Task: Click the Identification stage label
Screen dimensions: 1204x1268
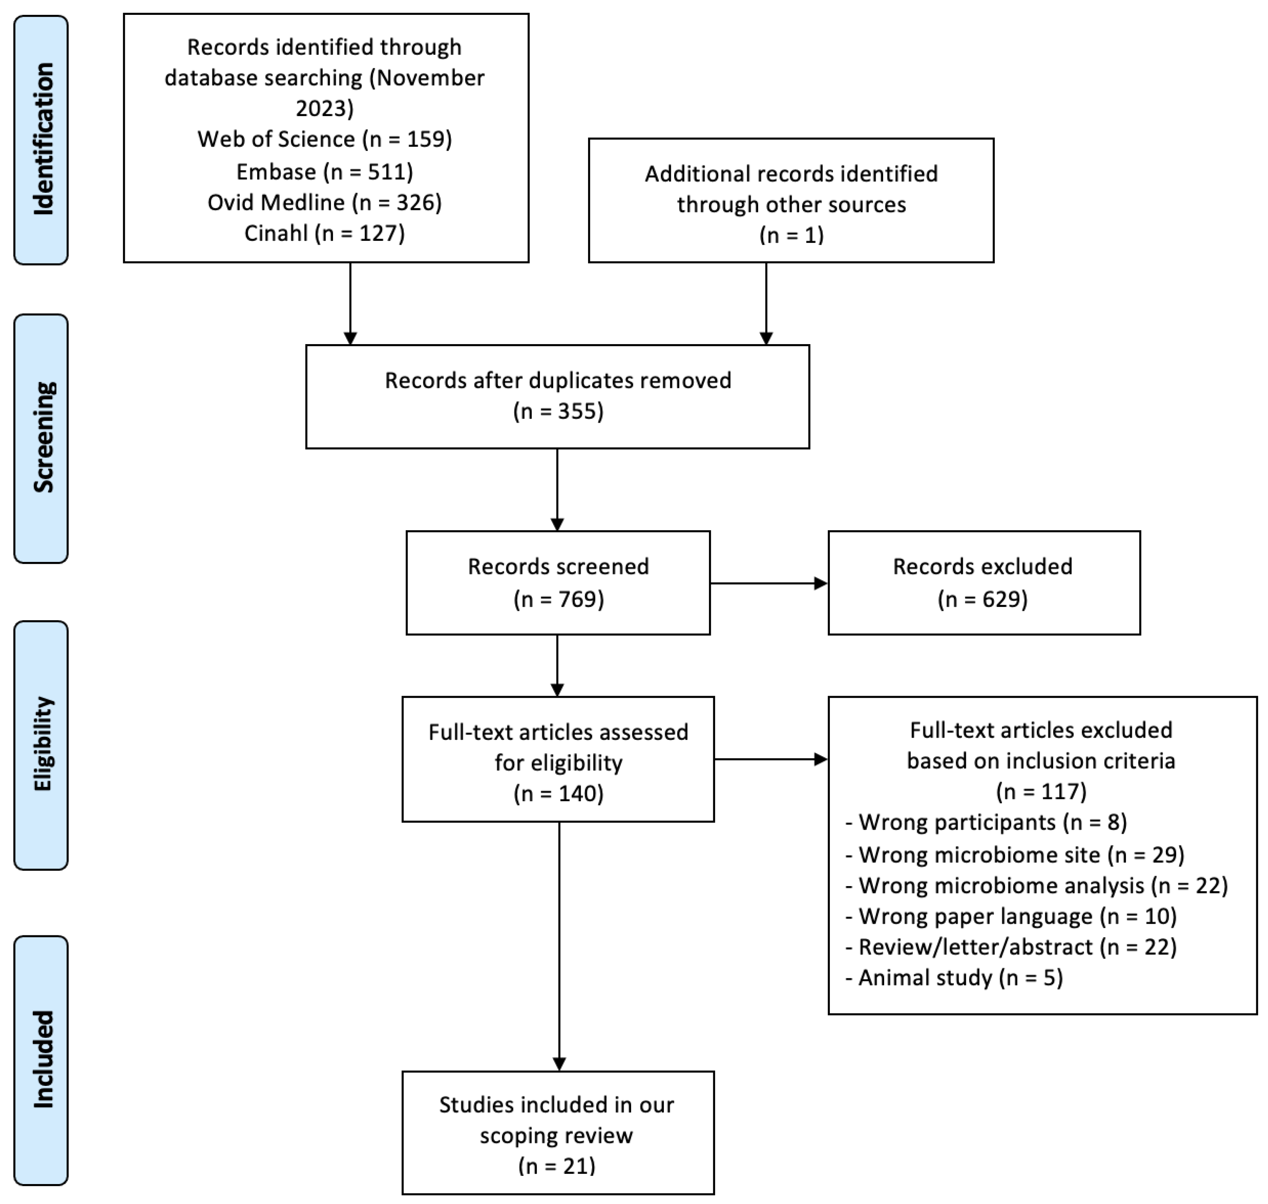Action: pos(42,139)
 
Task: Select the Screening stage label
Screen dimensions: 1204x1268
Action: pos(42,438)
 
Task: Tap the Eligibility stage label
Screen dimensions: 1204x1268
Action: pos(42,745)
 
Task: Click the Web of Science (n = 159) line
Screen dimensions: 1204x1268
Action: pos(325,139)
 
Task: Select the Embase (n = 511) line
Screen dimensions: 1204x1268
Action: pos(325,171)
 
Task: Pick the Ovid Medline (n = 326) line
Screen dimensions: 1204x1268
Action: pos(325,202)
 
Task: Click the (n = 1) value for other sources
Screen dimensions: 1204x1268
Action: pos(791,235)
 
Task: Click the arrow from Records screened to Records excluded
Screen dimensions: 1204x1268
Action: pos(768,583)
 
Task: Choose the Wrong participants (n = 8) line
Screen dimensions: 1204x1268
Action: pos(986,822)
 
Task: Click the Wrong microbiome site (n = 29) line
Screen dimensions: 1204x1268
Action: pos(1014,855)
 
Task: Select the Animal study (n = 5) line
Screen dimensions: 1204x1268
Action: pos(954,978)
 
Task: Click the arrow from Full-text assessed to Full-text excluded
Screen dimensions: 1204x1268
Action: pos(770,760)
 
